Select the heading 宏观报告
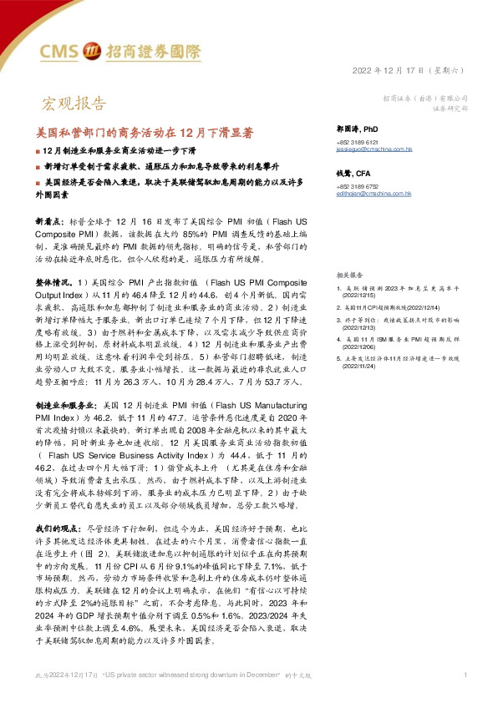pyautogui.click(x=74, y=104)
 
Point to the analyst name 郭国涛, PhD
pyautogui.click(x=357, y=131)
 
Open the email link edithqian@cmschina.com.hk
pyautogui.click(x=373, y=192)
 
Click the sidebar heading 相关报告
pyautogui.click(x=349, y=275)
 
